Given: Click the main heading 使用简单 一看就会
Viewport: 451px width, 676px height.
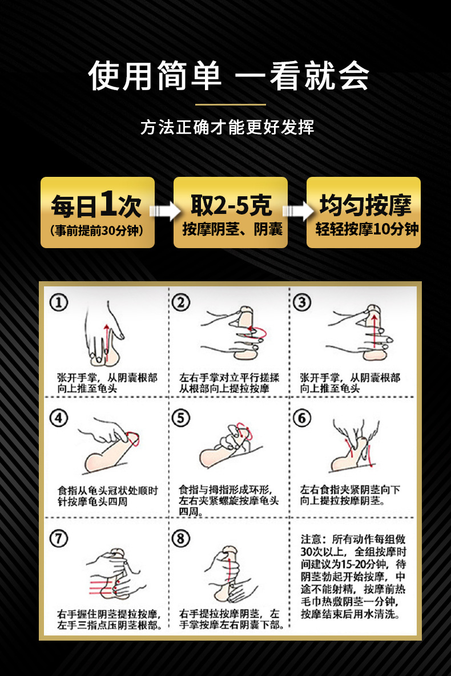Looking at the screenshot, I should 229,76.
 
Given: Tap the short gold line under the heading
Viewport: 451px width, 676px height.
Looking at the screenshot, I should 230,105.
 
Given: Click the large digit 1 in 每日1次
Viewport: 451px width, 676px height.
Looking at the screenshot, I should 110,204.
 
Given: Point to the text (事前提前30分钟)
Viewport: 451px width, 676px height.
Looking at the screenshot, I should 97,231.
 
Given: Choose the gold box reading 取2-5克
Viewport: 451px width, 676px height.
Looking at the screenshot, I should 231,212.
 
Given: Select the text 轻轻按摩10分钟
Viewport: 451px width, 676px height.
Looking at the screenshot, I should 367,230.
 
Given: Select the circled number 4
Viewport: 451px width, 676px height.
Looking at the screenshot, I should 59,418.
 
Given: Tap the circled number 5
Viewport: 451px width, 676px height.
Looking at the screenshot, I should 182,418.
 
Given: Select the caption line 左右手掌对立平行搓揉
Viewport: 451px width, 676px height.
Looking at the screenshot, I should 229,378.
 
